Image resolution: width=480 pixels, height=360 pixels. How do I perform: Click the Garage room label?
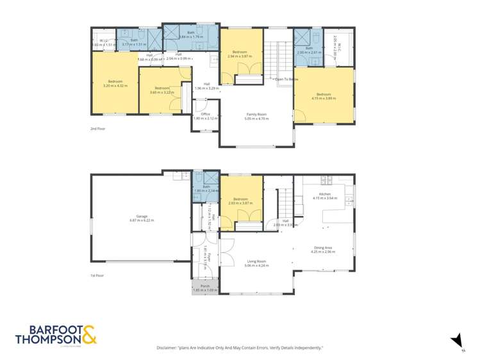[x=133, y=216]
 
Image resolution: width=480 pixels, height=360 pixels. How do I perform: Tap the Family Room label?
[x=256, y=114]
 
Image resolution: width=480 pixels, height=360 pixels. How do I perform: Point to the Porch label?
[x=205, y=286]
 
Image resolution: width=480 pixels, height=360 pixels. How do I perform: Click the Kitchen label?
[x=325, y=194]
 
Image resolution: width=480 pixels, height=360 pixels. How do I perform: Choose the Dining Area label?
[x=323, y=248]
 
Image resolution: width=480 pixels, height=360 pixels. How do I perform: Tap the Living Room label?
[x=256, y=261]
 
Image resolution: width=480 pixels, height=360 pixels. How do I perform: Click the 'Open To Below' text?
[x=287, y=79]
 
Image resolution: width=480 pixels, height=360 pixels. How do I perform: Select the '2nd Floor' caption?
[x=97, y=129]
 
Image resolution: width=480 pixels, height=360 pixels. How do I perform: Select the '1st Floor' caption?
[x=97, y=275]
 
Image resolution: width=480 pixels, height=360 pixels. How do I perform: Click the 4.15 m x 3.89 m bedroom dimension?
[x=323, y=98]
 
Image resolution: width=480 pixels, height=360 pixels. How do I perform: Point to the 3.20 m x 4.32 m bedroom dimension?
[x=115, y=85]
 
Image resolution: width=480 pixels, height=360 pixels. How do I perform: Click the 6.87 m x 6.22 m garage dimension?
[x=133, y=220]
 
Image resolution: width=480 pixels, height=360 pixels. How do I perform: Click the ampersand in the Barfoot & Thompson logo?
[x=88, y=336]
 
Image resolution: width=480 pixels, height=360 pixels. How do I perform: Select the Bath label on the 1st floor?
[x=206, y=186]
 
